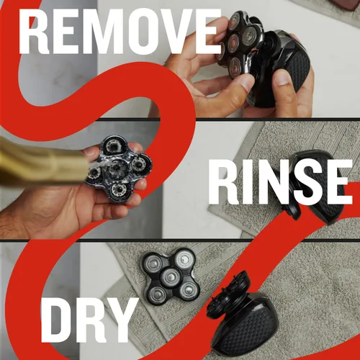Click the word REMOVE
120,31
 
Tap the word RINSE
280,182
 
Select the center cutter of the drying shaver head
171,277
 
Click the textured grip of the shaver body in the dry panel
247,329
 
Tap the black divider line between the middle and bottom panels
180,240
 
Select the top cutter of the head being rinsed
112,145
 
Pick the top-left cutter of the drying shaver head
153,264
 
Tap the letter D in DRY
55,320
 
